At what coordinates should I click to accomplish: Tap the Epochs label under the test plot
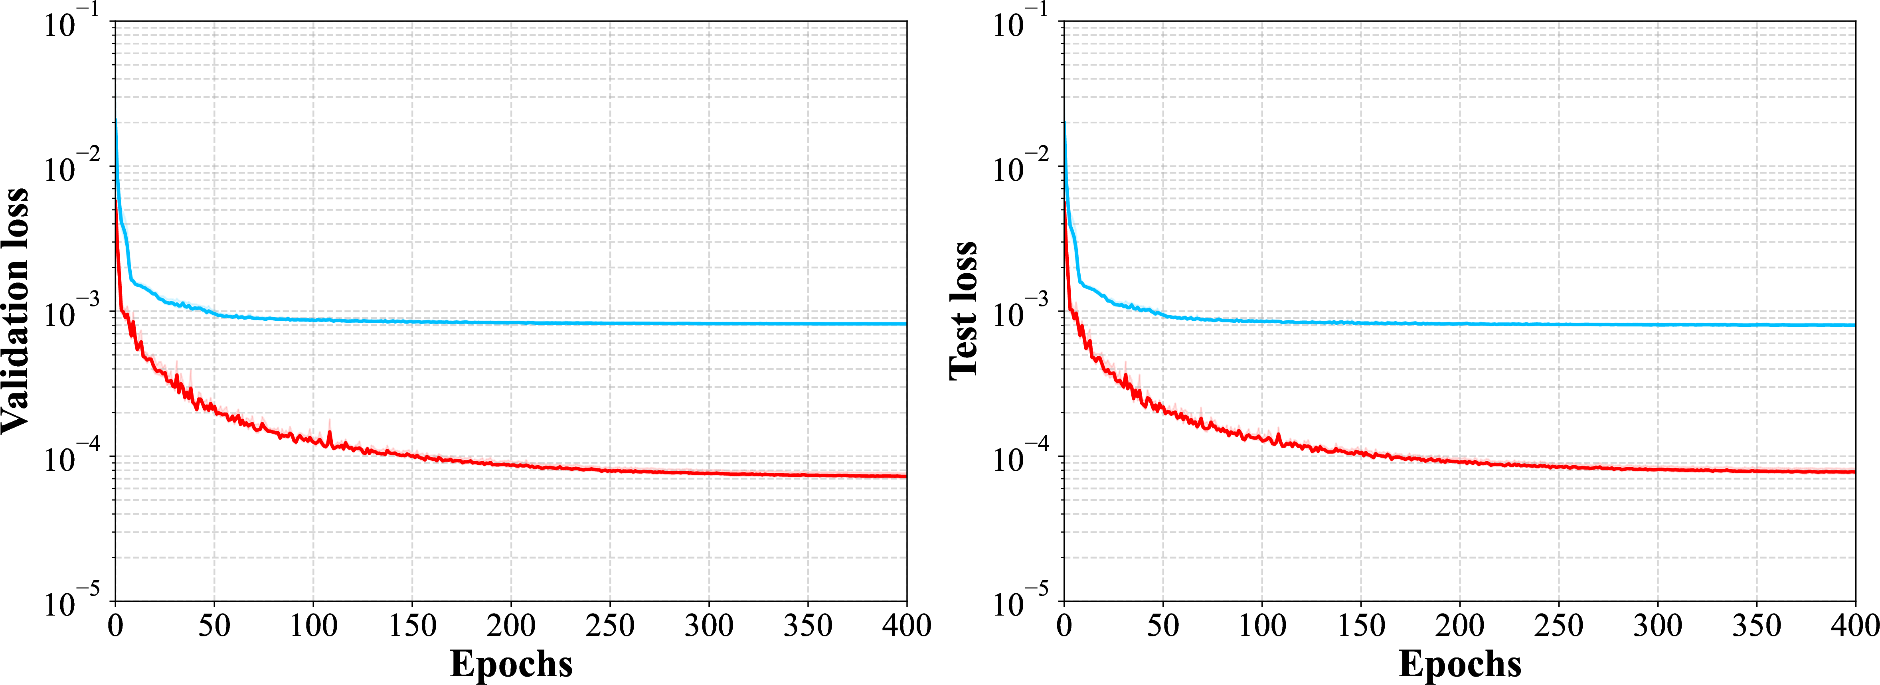coord(1460,664)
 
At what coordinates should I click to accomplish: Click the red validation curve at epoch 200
coord(511,465)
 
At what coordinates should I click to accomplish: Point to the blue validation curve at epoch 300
coord(709,323)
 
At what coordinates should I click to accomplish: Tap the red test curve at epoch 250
coord(1559,466)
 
